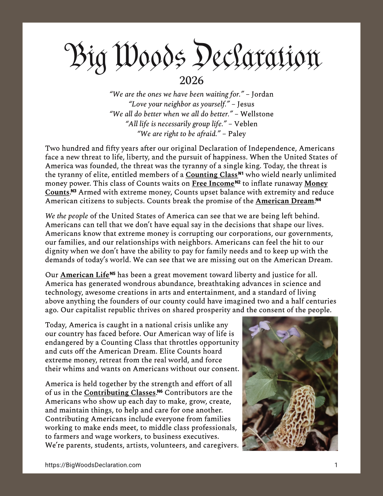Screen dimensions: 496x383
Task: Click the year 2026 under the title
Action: click(191, 80)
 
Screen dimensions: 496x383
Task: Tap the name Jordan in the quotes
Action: click(262, 94)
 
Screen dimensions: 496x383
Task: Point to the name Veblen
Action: click(246, 124)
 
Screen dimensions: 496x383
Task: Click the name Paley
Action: click(237, 134)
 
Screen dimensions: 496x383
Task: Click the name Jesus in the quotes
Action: click(246, 104)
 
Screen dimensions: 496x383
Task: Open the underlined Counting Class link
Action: click(212, 175)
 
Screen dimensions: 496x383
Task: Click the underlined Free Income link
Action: click(213, 183)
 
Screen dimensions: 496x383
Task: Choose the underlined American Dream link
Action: click(285, 201)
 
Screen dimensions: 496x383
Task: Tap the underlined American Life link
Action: click(85, 275)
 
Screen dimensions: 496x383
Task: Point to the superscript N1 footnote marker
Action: click(241, 174)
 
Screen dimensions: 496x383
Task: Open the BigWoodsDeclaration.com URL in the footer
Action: click(93, 465)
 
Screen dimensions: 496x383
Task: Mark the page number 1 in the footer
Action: click(336, 465)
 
